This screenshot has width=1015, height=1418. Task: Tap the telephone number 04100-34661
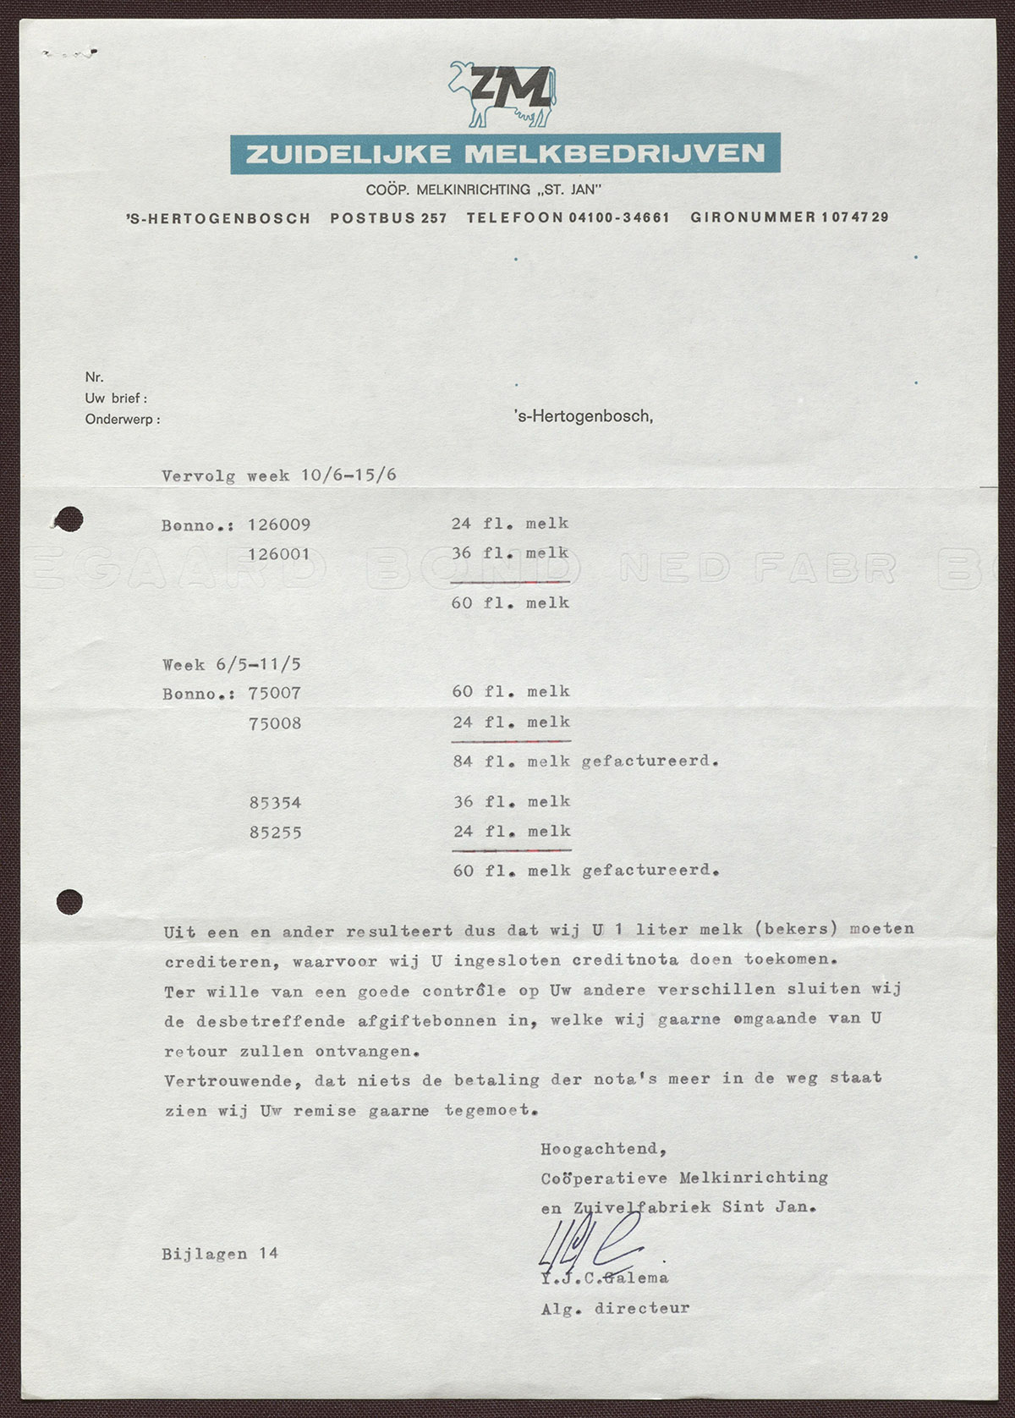(619, 217)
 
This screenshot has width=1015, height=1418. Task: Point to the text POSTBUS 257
(388, 217)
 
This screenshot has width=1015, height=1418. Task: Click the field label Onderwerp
(122, 419)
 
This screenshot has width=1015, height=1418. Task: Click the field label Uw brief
(116, 398)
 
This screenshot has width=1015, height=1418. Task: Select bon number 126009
(279, 525)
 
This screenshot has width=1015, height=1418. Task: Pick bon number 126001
(279, 554)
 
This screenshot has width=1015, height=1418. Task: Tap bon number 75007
(275, 693)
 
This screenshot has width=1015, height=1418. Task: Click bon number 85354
(276, 802)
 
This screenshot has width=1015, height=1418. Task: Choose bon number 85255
(276, 833)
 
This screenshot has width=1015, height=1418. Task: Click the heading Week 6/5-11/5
(231, 664)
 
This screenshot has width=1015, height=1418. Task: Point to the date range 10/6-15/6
(348, 475)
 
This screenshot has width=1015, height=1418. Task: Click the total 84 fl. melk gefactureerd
(585, 761)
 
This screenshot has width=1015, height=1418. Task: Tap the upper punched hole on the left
(69, 519)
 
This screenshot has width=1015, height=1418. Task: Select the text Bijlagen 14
(220, 1254)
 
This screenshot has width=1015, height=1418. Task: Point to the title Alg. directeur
(615, 1308)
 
